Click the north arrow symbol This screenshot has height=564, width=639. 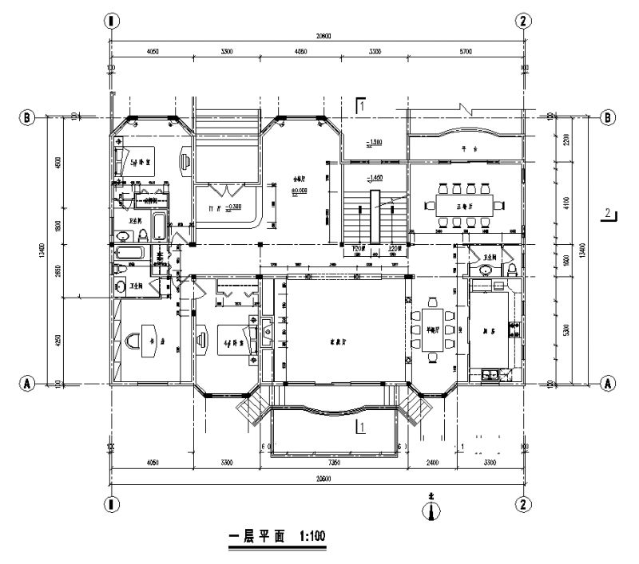[431, 508]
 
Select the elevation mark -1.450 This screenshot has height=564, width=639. [372, 176]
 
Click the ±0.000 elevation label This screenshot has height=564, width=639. [300, 190]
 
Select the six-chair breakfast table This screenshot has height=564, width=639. [433, 328]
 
